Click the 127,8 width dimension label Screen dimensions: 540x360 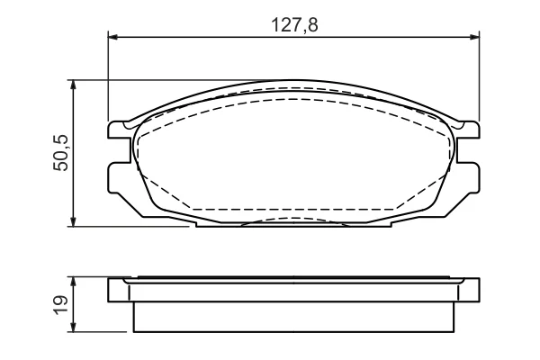[294, 25]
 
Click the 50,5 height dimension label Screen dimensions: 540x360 [61, 153]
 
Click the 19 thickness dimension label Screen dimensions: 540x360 [61, 304]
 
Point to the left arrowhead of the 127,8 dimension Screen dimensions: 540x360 [113, 37]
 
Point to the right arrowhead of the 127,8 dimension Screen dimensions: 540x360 [474, 37]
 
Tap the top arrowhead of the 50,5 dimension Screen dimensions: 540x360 [72, 85]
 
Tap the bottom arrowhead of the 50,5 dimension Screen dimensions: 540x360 [72, 222]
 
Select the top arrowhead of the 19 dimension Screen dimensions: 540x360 [72, 282]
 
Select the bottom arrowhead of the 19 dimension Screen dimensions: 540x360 [72, 328]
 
